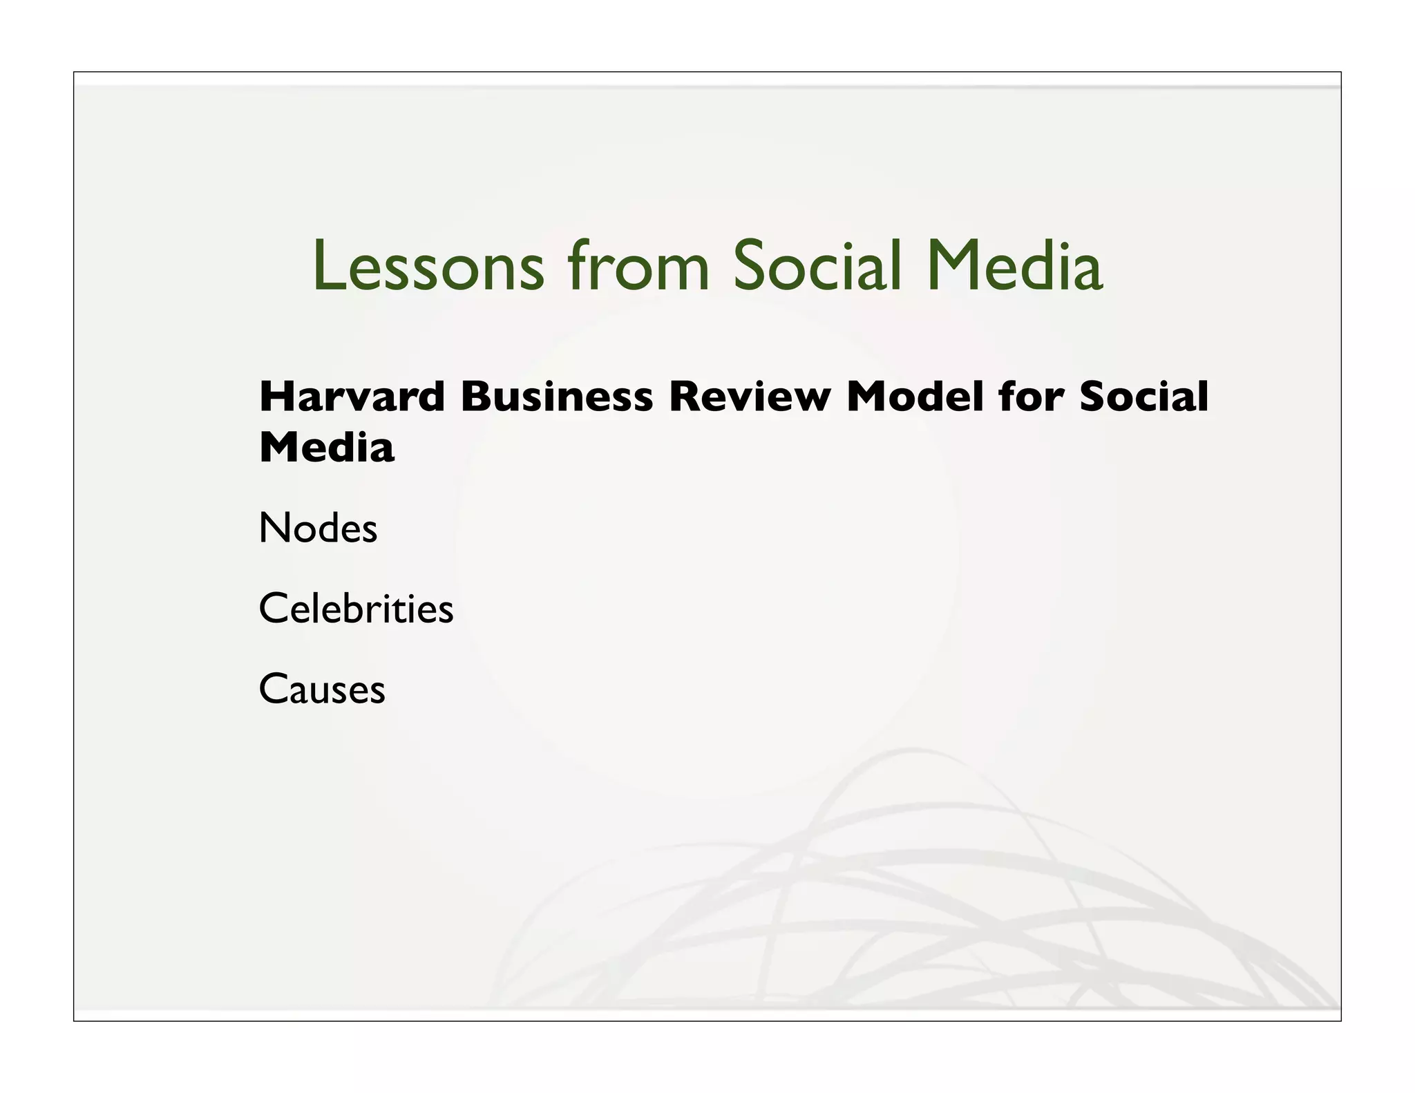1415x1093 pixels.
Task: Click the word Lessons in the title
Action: (428, 267)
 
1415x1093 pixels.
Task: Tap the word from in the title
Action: (638, 267)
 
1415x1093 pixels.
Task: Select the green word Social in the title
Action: (817, 267)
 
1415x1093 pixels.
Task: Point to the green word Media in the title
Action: (1014, 267)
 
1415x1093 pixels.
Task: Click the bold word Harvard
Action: (352, 397)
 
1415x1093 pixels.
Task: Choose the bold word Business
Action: (557, 397)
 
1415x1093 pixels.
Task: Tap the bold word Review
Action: (750, 397)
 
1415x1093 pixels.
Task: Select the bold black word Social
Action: (1143, 397)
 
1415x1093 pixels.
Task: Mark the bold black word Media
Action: (326, 448)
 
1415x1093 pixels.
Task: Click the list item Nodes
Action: (318, 529)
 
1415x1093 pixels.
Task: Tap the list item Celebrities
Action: (356, 609)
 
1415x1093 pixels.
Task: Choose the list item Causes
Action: (322, 690)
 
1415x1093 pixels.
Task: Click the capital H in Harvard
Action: (276, 397)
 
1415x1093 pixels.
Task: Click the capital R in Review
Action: (685, 397)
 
